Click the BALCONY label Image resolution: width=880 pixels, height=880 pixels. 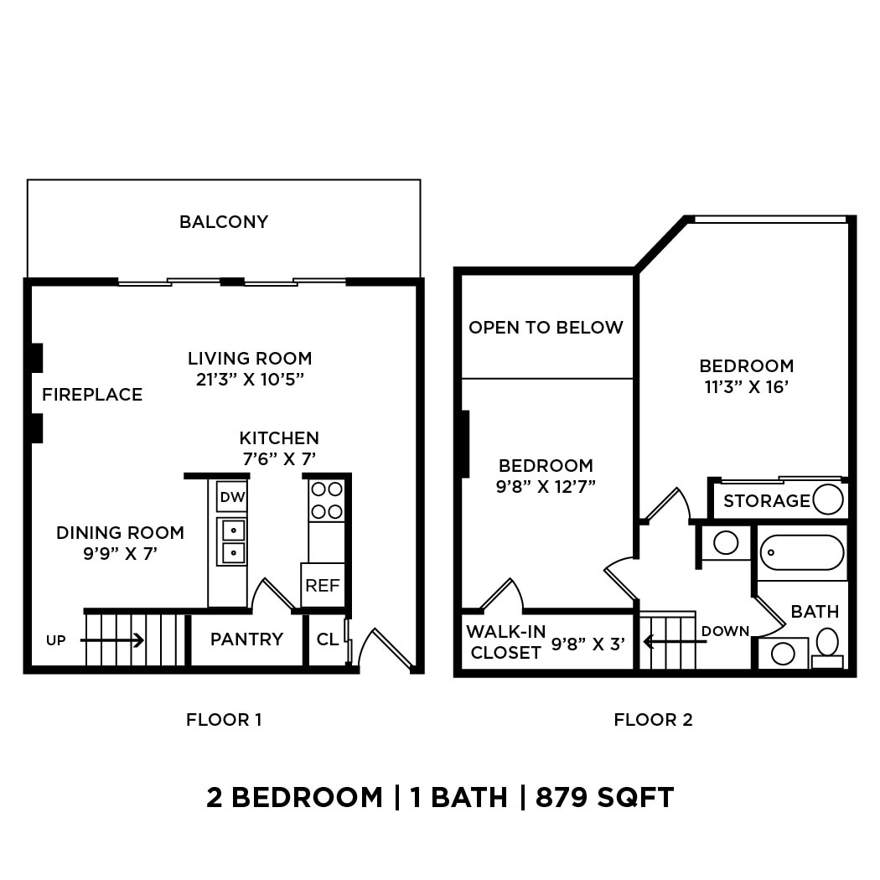(x=224, y=222)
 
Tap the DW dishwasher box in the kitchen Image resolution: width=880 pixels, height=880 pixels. (x=232, y=498)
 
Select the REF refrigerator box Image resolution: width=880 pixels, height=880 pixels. (x=322, y=586)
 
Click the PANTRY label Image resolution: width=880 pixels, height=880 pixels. (x=246, y=639)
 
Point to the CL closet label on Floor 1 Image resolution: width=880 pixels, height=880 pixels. (x=327, y=639)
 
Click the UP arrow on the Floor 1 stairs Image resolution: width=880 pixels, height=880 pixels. (x=113, y=640)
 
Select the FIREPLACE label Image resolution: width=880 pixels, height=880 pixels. (x=92, y=395)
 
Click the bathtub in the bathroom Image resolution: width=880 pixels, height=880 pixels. (x=802, y=553)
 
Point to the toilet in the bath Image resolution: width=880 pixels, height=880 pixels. (x=827, y=644)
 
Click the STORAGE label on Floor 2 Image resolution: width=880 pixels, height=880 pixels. (x=766, y=501)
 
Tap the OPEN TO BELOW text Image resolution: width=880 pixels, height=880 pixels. (x=546, y=328)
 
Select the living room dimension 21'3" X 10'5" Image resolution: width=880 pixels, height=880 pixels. (x=249, y=379)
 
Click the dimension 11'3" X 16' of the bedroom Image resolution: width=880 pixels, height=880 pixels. (x=746, y=386)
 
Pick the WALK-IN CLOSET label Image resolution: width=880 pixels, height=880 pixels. (x=505, y=642)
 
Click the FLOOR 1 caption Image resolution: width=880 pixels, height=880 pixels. (x=224, y=719)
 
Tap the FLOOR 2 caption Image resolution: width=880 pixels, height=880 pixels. (x=653, y=719)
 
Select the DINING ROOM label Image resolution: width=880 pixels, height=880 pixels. (x=120, y=533)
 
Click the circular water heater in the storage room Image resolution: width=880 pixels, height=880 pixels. (x=828, y=500)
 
